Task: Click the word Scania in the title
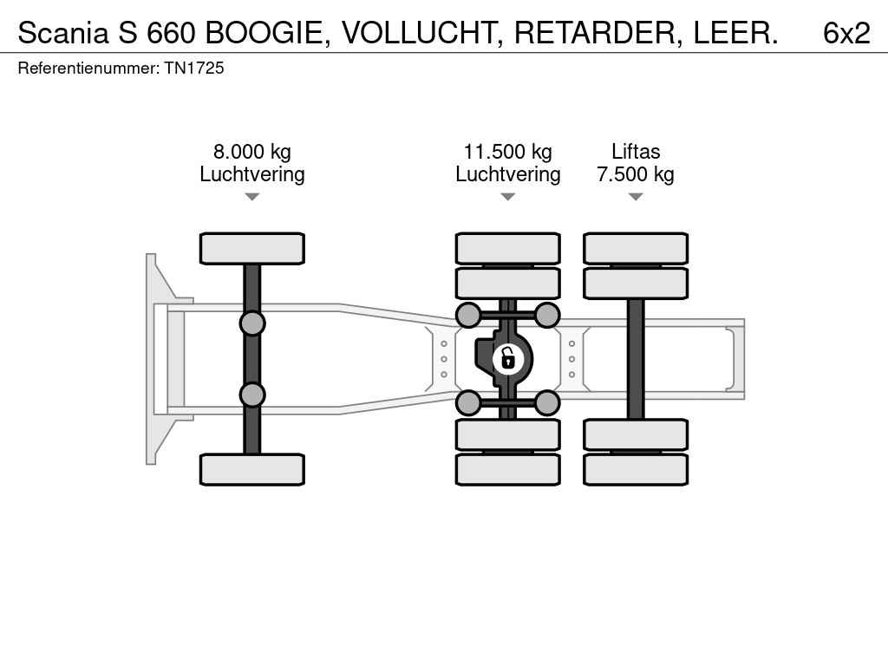(x=62, y=33)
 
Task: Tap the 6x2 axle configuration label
(x=846, y=33)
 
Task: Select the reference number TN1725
(x=194, y=68)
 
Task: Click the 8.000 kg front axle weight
(x=252, y=152)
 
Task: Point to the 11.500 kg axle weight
(x=508, y=152)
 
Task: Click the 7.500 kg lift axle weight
(x=636, y=173)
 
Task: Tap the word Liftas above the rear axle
(x=636, y=152)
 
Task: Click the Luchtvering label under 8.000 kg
(x=252, y=173)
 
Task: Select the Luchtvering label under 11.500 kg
(x=508, y=173)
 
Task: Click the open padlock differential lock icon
(x=507, y=358)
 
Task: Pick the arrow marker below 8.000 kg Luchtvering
(x=252, y=197)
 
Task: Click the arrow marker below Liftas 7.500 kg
(x=636, y=197)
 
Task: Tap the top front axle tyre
(x=252, y=249)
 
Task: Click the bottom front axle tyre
(x=252, y=469)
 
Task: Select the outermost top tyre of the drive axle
(x=508, y=249)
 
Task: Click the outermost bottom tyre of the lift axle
(x=636, y=469)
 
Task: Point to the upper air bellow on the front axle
(x=252, y=323)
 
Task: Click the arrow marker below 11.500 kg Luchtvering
(x=508, y=197)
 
